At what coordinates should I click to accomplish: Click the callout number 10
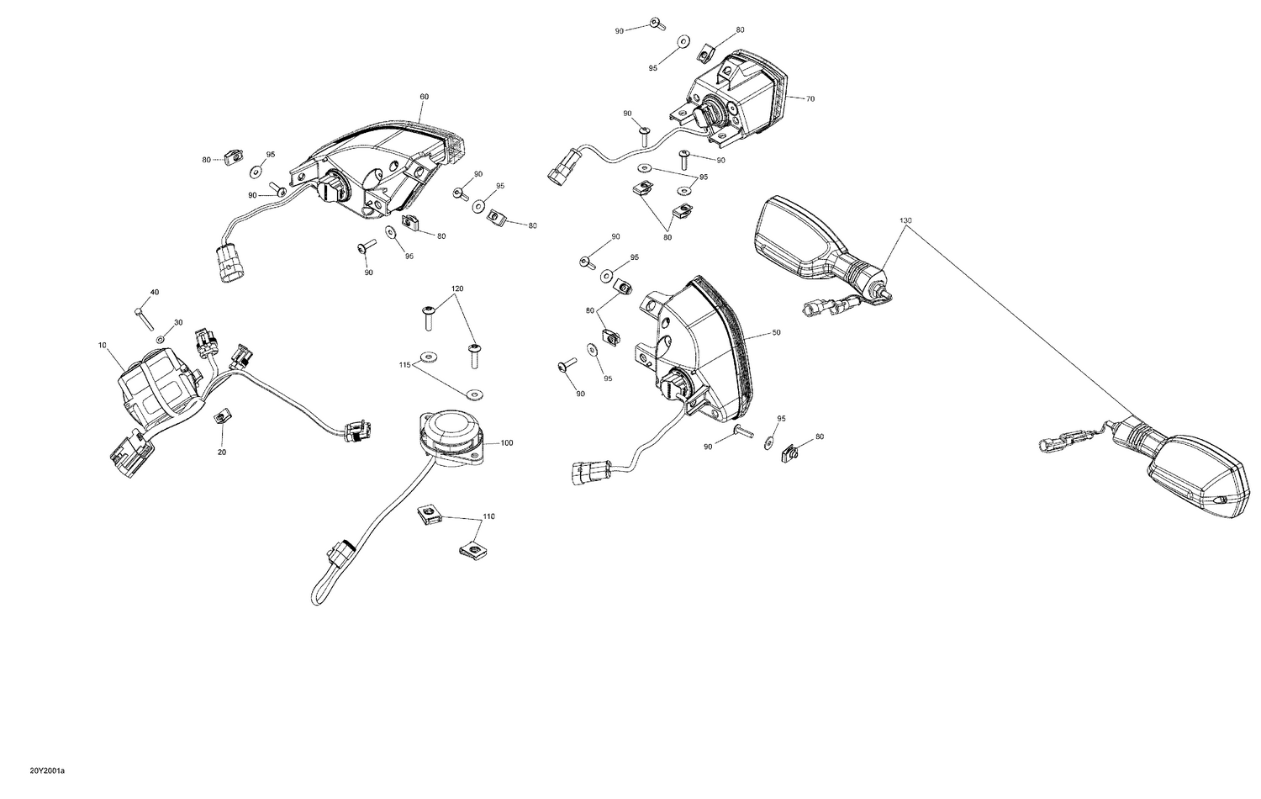103,346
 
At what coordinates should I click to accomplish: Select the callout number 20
222,452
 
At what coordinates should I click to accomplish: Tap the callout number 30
178,323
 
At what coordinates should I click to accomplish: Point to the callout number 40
154,292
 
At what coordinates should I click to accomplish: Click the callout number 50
776,333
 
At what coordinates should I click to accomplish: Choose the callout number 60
424,97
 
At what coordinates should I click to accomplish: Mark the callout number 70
810,99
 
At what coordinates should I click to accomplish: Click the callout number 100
506,442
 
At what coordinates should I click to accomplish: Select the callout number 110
488,516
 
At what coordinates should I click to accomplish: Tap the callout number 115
404,365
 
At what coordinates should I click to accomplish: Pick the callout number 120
457,288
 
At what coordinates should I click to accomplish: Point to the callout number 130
905,220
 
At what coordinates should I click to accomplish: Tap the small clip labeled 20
223,416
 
